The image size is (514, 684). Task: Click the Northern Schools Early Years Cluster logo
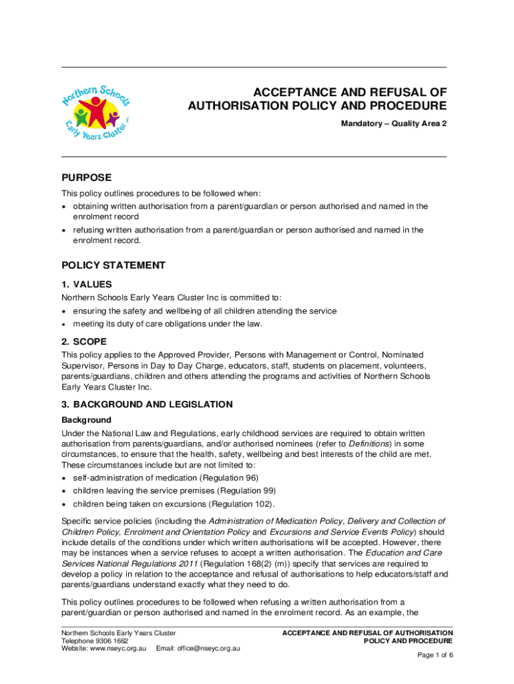(x=95, y=112)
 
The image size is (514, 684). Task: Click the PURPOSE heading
(x=87, y=178)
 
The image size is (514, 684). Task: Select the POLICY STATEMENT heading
(x=113, y=265)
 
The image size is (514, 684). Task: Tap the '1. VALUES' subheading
(x=87, y=284)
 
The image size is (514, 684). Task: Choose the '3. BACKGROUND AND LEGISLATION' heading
(x=147, y=404)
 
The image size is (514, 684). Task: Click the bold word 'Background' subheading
(x=86, y=420)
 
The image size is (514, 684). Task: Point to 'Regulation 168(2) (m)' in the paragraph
(x=227, y=564)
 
